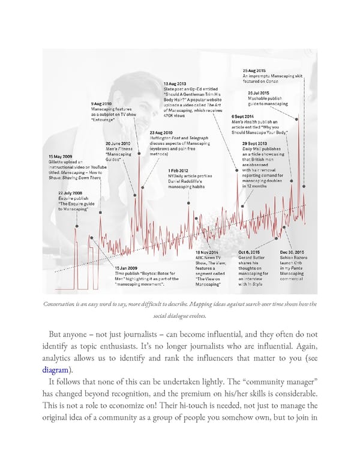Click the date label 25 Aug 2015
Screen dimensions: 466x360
tap(254, 70)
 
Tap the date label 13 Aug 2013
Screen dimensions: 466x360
tap(175, 83)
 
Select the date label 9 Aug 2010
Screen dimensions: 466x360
tap(101, 103)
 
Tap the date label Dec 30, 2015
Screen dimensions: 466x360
tap(292, 252)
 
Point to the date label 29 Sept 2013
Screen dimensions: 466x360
tap(255, 144)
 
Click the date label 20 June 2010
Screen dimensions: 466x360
tap(118, 144)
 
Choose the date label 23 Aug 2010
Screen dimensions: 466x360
tap(161, 133)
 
